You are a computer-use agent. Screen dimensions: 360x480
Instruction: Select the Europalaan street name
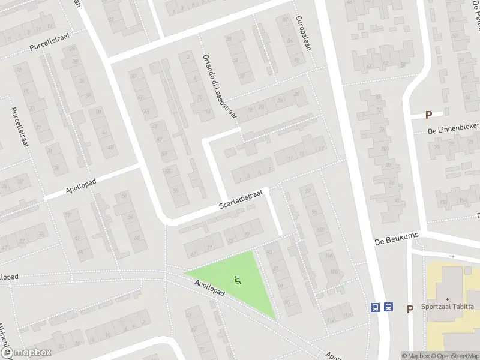coord(303,32)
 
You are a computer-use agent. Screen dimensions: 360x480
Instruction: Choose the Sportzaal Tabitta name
coord(447,307)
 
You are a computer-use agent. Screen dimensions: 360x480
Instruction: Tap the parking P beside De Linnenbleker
coord(428,115)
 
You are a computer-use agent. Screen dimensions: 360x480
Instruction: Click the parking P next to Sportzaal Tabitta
coord(410,310)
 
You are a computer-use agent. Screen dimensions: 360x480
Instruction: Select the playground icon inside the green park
coord(238,279)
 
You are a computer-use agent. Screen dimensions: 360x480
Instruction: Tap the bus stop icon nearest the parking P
coord(389,307)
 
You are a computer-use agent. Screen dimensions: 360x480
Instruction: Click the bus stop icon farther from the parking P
coord(376,307)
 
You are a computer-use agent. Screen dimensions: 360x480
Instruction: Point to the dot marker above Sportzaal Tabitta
coord(447,299)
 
